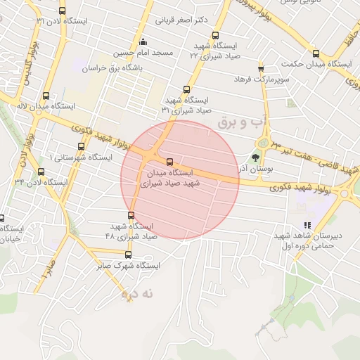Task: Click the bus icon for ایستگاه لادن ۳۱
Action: [x=63, y=11]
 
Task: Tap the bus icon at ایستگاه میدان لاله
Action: [x=46, y=96]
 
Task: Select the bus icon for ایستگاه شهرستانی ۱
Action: [x=81, y=147]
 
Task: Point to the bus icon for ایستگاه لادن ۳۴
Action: [x=40, y=171]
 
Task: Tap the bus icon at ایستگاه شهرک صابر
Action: [x=127, y=255]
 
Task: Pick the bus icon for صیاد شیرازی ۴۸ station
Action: [x=131, y=215]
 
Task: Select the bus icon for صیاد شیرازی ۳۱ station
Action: [x=186, y=89]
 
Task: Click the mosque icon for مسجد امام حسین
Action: [x=144, y=41]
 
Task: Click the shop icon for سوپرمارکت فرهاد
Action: [x=261, y=68]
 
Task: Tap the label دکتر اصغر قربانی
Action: [x=181, y=20]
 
